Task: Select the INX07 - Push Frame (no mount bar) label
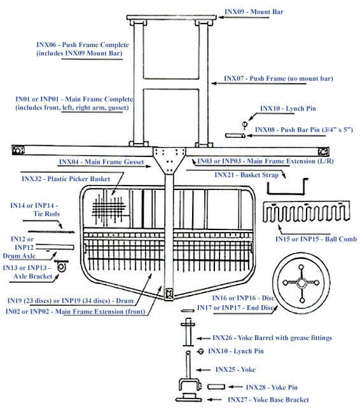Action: tap(278, 79)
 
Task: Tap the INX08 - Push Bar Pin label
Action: tap(303, 130)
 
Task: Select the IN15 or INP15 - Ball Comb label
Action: tap(315, 239)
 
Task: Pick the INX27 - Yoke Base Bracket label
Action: tap(268, 400)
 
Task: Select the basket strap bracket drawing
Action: tap(285, 188)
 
